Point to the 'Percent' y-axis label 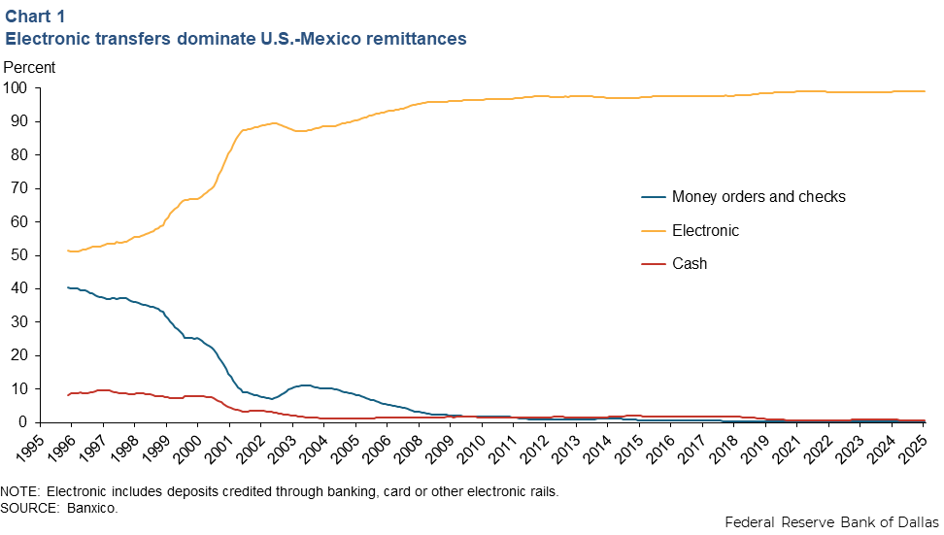[30, 68]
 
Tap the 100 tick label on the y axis [16, 88]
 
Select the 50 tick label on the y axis [19, 255]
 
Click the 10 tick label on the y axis [19, 388]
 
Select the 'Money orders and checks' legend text [759, 197]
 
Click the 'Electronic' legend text [705, 231]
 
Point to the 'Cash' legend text [690, 264]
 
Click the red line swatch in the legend [653, 264]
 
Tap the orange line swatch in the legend [653, 231]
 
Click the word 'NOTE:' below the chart [22, 491]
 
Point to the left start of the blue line [67, 287]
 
